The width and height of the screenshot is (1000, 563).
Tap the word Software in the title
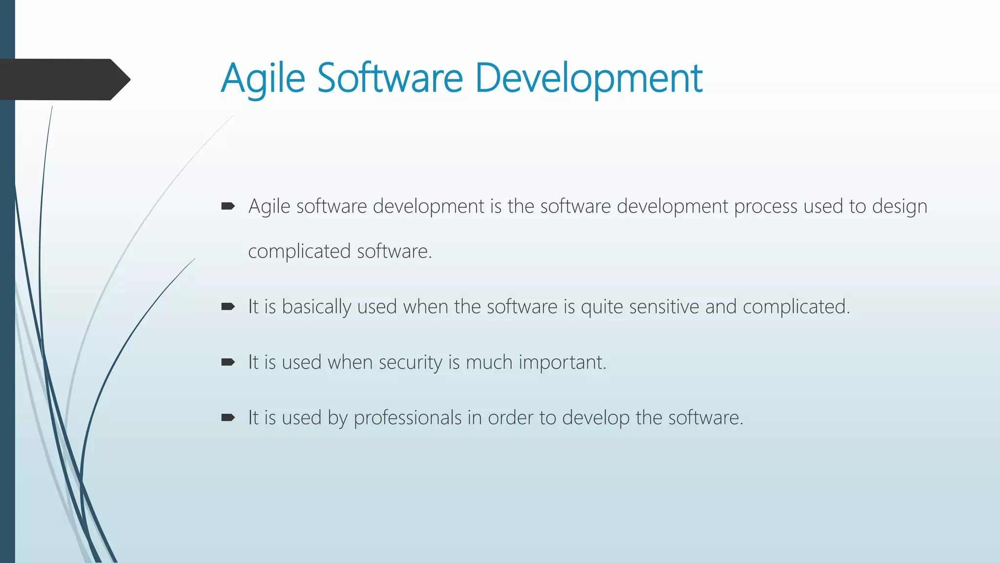[x=390, y=78]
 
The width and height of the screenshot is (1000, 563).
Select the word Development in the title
[x=588, y=78]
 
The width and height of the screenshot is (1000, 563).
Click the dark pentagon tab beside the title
[x=63, y=79]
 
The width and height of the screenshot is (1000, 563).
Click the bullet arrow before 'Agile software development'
[x=228, y=207]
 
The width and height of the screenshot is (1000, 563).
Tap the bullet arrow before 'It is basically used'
[x=228, y=307]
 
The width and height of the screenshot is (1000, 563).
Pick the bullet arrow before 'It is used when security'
[x=228, y=362]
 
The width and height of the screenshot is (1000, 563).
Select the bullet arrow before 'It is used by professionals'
[x=228, y=418]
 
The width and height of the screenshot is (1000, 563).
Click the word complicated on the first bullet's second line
[x=299, y=252]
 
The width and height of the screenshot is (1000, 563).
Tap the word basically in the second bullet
[x=316, y=307]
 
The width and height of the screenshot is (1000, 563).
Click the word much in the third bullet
[x=489, y=363]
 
